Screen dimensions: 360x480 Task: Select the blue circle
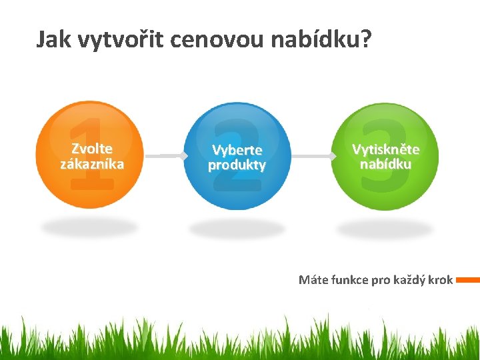tap(237, 156)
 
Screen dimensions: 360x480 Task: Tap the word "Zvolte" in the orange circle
tap(92, 149)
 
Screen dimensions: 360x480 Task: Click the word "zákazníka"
tap(92, 163)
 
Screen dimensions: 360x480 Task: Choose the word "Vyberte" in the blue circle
tap(237, 150)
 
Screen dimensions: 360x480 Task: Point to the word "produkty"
tap(237, 165)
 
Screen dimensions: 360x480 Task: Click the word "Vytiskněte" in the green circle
tap(385, 149)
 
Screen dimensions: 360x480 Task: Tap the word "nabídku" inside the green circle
tap(385, 163)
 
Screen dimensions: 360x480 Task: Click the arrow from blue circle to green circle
tap(312, 156)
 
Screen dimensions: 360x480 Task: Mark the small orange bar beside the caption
tap(467, 280)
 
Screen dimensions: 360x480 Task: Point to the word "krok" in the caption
tap(441, 280)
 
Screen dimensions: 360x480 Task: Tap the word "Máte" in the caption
tap(313, 280)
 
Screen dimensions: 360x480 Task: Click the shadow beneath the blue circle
tap(237, 229)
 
